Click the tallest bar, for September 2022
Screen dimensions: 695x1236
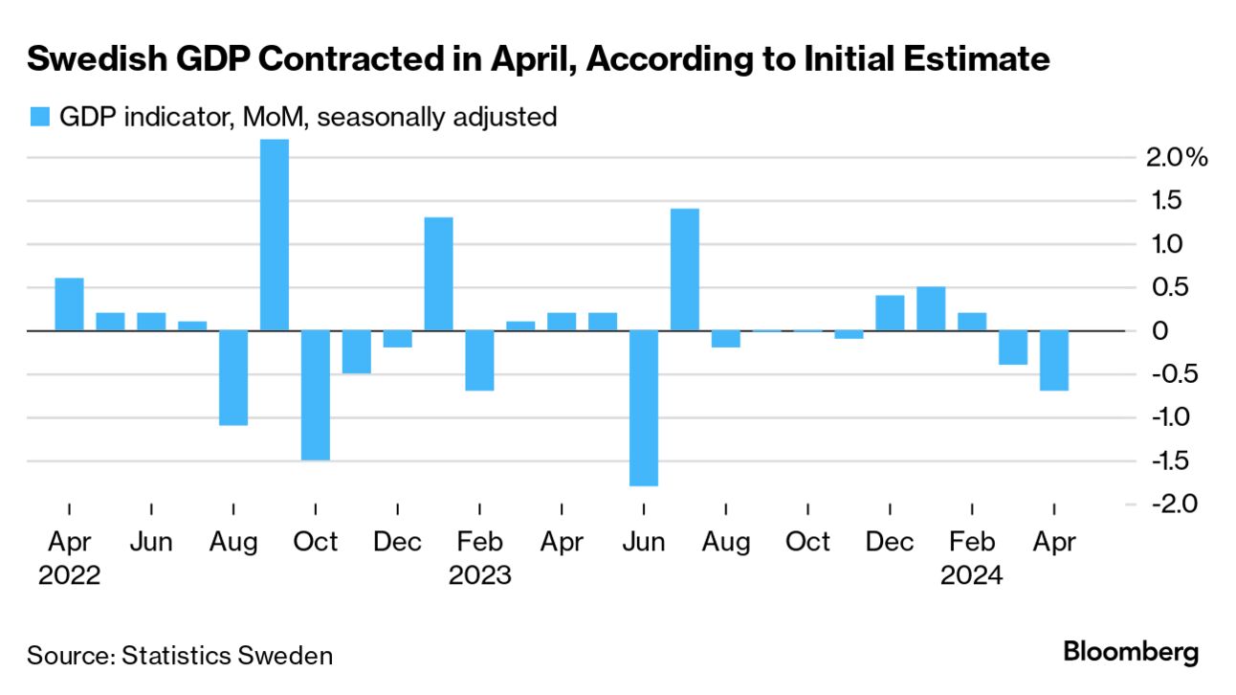click(x=275, y=235)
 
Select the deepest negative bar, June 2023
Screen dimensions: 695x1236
click(x=644, y=408)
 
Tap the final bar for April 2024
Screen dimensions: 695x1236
click(x=1054, y=360)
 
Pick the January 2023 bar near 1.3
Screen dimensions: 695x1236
click(x=438, y=274)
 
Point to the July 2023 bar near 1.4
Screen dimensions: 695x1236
click(x=685, y=269)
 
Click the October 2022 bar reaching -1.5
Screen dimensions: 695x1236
click(x=316, y=395)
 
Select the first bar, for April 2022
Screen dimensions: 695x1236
click(x=69, y=304)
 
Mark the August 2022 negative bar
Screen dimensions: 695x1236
click(x=233, y=377)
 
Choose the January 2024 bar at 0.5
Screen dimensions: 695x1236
click(x=931, y=308)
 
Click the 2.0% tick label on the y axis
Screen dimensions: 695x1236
click(x=1177, y=157)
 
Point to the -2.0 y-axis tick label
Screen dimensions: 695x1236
click(x=1165, y=503)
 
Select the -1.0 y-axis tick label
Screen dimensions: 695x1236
click(x=1165, y=416)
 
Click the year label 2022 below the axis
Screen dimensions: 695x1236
click(x=69, y=576)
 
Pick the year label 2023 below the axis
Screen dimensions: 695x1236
click(x=480, y=576)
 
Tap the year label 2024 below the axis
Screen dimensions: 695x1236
click(x=972, y=576)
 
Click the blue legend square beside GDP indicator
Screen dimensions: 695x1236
click(x=38, y=118)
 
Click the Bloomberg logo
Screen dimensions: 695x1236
click(x=1131, y=654)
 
